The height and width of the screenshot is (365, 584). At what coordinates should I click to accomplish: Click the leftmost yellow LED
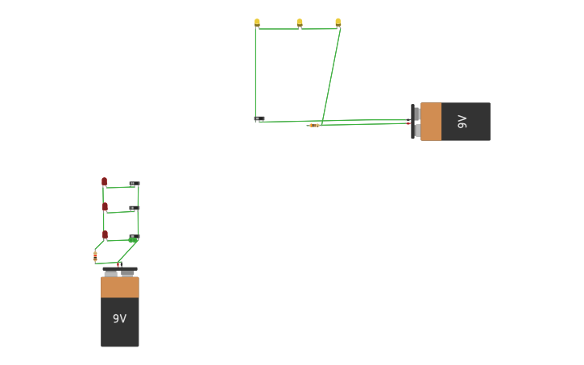click(x=257, y=23)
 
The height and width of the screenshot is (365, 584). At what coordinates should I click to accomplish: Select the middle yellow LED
click(x=300, y=23)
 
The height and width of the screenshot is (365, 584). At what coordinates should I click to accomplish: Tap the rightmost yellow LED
click(x=338, y=23)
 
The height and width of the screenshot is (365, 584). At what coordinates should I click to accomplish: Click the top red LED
click(x=104, y=181)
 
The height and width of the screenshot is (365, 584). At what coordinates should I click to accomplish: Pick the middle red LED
click(x=105, y=206)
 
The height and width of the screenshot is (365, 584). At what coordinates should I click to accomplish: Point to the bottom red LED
click(x=105, y=234)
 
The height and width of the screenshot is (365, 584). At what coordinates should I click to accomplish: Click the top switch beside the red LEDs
click(x=135, y=184)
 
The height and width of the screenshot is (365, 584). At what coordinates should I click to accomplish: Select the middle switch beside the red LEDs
click(x=134, y=208)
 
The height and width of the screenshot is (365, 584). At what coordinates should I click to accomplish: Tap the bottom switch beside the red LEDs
click(x=134, y=237)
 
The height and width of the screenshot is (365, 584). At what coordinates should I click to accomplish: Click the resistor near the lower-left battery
click(x=95, y=255)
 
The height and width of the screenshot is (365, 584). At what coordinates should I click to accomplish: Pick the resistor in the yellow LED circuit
click(x=313, y=125)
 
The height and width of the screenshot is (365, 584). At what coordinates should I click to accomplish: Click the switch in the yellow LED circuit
click(x=259, y=119)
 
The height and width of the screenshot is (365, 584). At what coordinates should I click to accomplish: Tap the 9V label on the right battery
click(x=462, y=122)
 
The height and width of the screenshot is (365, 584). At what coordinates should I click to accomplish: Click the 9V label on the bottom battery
click(x=119, y=319)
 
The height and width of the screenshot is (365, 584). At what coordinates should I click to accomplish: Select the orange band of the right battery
click(x=431, y=122)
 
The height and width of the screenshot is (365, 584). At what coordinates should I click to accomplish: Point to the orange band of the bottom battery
click(x=119, y=287)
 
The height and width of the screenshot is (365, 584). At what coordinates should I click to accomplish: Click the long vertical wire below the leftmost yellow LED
click(x=255, y=73)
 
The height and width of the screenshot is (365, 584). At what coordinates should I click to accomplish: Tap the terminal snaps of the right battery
click(x=416, y=122)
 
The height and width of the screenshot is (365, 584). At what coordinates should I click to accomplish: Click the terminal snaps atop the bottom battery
click(x=119, y=272)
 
